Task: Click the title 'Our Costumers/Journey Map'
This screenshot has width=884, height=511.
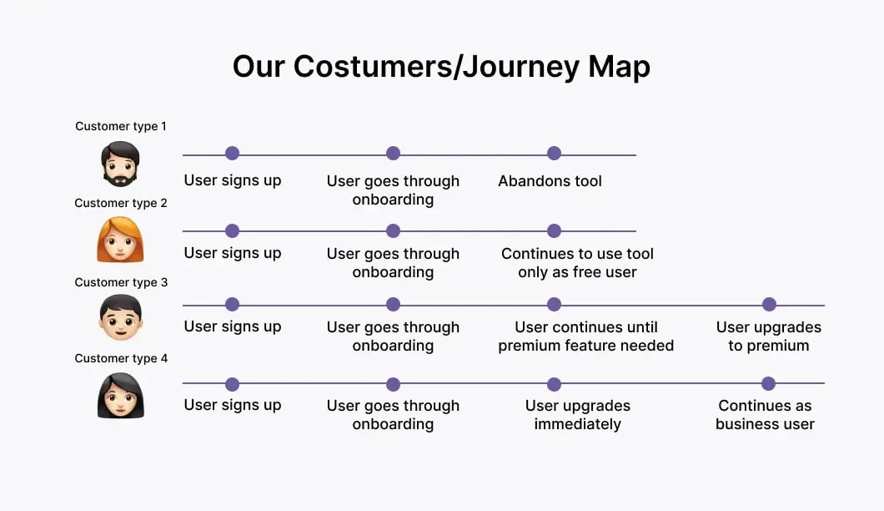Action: [x=441, y=67]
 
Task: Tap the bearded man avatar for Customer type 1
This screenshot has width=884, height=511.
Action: [x=121, y=164]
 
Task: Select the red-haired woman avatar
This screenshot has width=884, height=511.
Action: [x=121, y=240]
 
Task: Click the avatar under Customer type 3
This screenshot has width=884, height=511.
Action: [x=121, y=317]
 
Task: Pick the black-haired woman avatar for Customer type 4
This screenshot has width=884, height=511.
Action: [x=121, y=396]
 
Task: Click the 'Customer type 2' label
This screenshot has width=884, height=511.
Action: [x=121, y=203]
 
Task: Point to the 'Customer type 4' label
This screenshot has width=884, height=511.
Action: [x=121, y=358]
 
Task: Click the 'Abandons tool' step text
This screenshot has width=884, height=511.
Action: [x=550, y=181]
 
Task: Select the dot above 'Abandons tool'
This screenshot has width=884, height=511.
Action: [x=554, y=154]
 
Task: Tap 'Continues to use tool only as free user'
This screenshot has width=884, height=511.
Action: [x=577, y=263]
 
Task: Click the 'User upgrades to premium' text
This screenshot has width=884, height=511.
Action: [x=768, y=336]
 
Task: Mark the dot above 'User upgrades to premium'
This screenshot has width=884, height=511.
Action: [x=769, y=305]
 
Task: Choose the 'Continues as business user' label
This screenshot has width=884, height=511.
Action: [x=765, y=415]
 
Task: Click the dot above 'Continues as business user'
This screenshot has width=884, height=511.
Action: [x=768, y=384]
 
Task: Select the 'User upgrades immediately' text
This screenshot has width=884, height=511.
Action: [x=577, y=415]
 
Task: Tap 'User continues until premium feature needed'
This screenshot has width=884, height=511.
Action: [x=585, y=336]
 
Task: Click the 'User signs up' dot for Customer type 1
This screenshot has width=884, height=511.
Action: [x=233, y=154]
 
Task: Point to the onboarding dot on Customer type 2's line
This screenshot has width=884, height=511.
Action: [x=393, y=231]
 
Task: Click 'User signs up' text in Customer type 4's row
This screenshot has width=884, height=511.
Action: [x=233, y=405]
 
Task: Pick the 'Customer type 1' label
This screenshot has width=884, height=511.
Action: [x=121, y=126]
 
